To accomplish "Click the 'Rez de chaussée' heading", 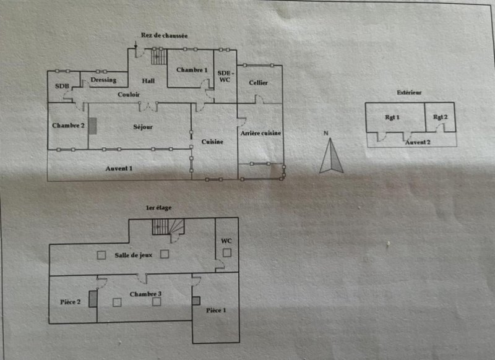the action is pyautogui.click(x=164, y=35).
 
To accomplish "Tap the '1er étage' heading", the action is pyautogui.click(x=159, y=208).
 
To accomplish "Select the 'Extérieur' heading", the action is pyautogui.click(x=409, y=92).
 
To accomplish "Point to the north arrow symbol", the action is pyautogui.click(x=331, y=155).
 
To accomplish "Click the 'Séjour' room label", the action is pyautogui.click(x=143, y=127).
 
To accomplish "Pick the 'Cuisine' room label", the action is pyautogui.click(x=212, y=142).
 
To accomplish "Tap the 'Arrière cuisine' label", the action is pyautogui.click(x=260, y=133).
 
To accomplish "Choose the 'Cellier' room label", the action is pyautogui.click(x=258, y=83).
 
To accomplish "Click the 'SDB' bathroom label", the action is pyautogui.click(x=62, y=86).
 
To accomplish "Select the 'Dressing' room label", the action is pyautogui.click(x=103, y=80).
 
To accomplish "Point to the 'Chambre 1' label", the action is pyautogui.click(x=192, y=70).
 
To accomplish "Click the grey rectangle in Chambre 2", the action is pyautogui.click(x=92, y=126).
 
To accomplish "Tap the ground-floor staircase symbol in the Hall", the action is pyautogui.click(x=159, y=57).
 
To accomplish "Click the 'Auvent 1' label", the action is pyautogui.click(x=119, y=168).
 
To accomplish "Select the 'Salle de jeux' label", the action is pyautogui.click(x=134, y=255).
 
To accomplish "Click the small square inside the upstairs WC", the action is pyautogui.click(x=227, y=252).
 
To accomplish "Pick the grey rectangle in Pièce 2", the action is pyautogui.click(x=93, y=299).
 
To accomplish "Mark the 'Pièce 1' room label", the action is pyautogui.click(x=216, y=311).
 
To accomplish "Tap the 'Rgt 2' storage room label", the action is pyautogui.click(x=441, y=117).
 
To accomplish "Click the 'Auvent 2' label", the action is pyautogui.click(x=418, y=142).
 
